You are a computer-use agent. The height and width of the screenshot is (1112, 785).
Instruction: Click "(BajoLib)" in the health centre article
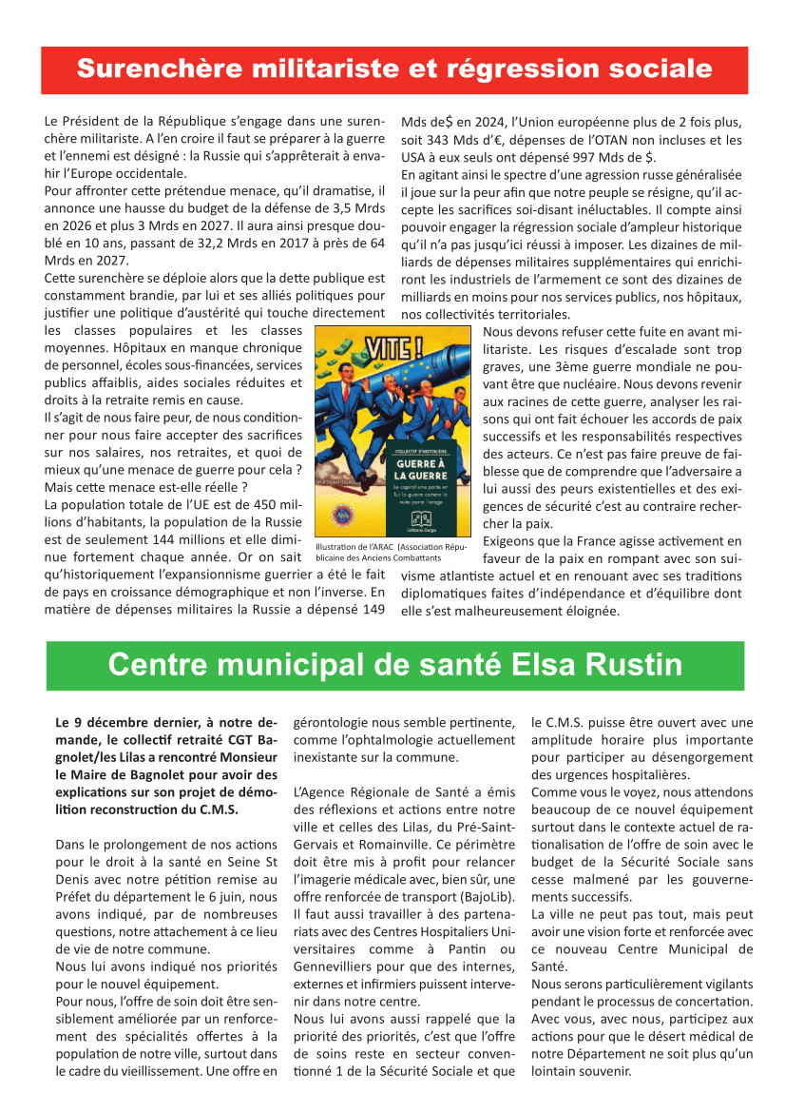493,897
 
